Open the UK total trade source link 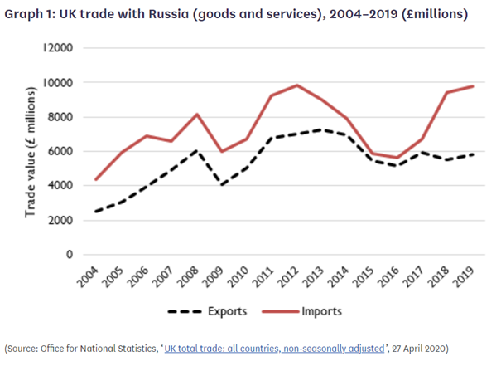click(x=274, y=346)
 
